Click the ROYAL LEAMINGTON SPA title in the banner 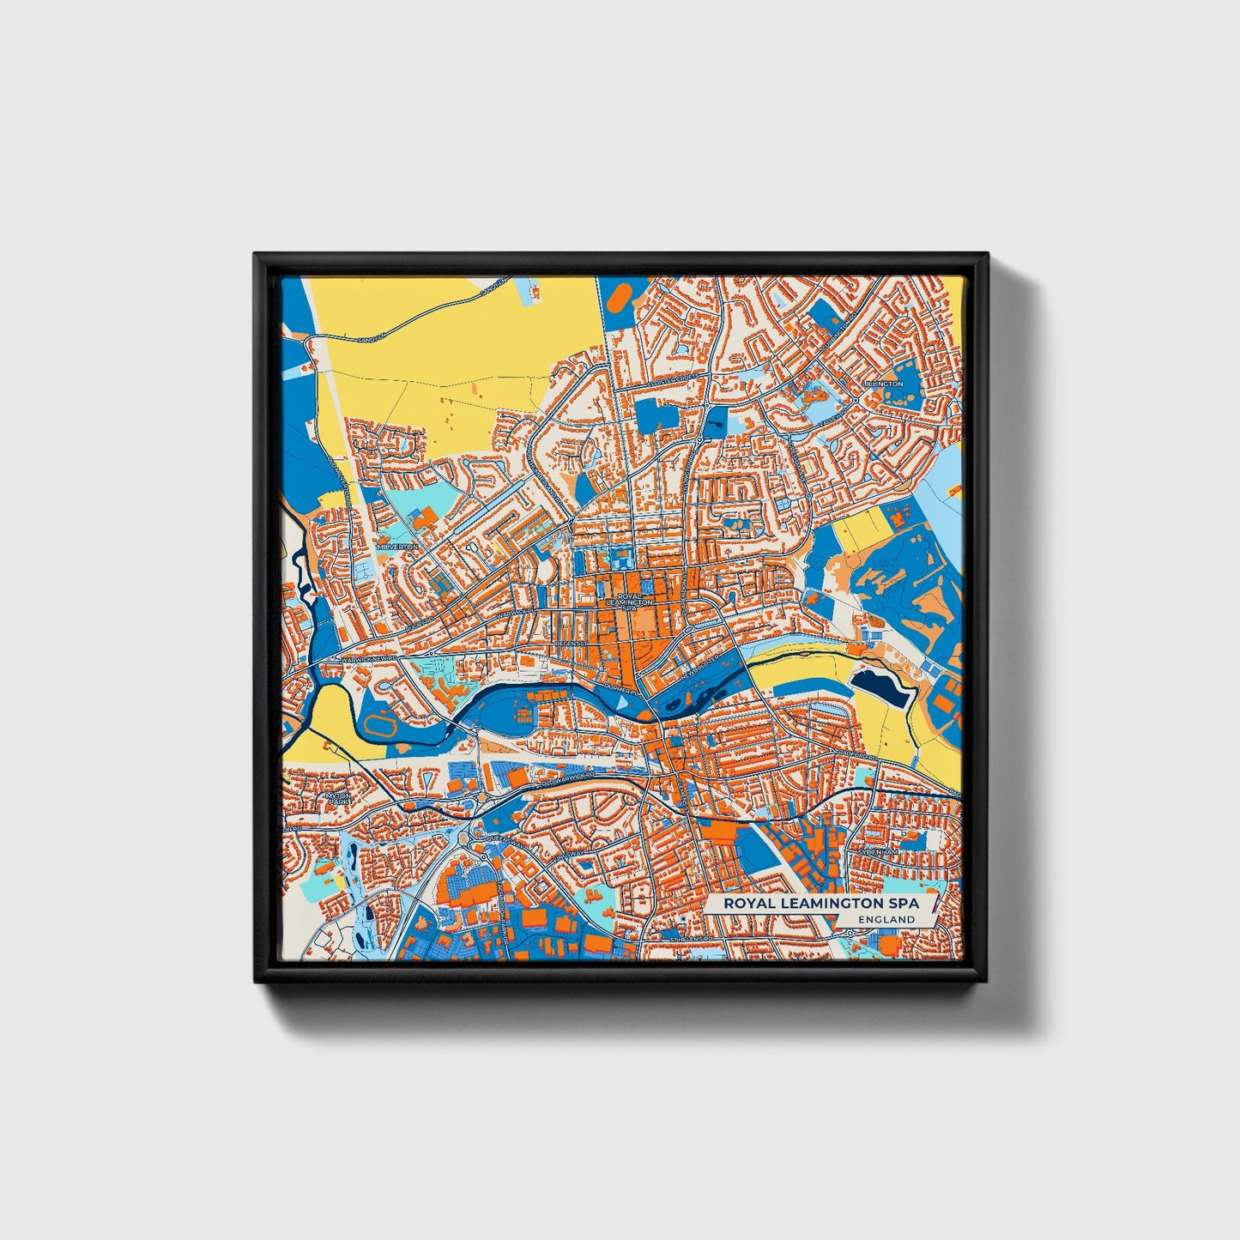820,903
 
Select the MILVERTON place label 397,547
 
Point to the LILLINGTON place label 884,384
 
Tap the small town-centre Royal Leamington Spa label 629,600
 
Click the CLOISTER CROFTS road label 674,378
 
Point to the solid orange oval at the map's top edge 619,295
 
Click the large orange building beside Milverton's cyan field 422,517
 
